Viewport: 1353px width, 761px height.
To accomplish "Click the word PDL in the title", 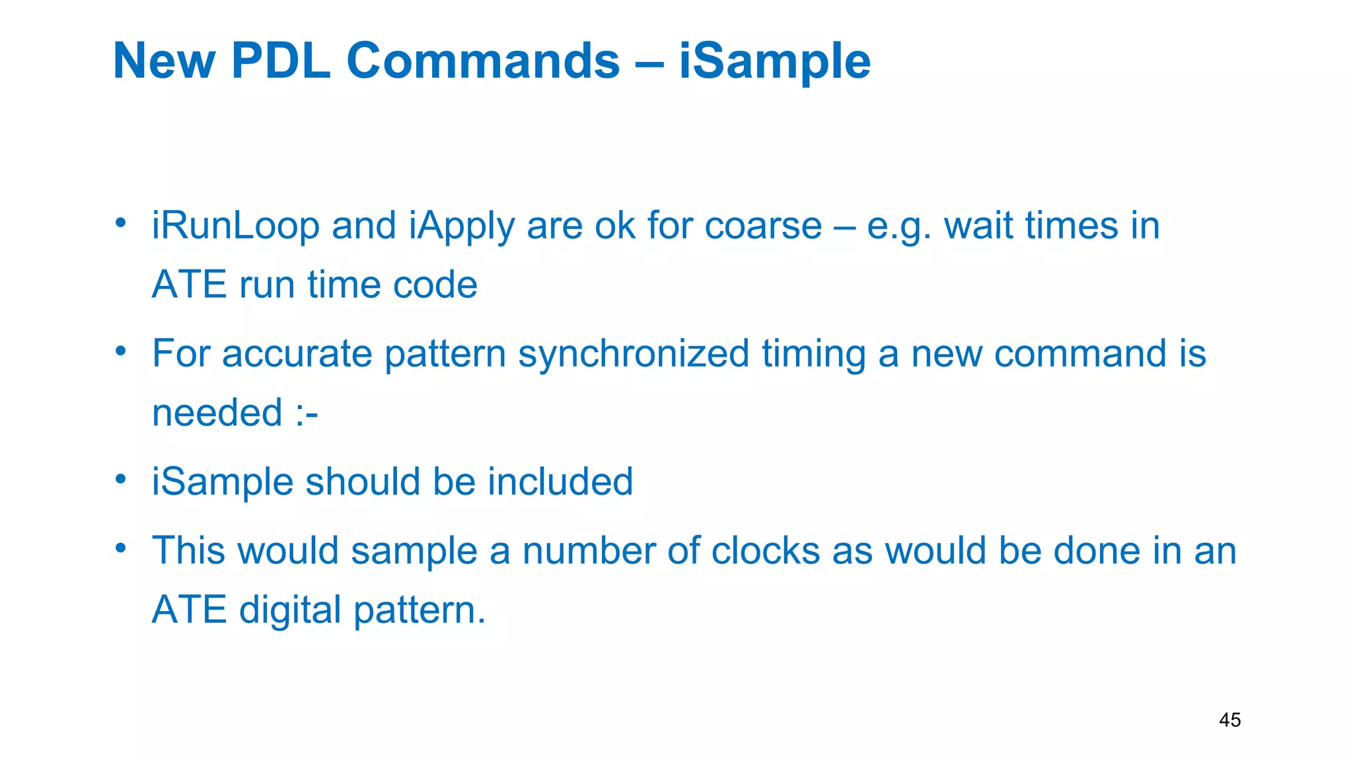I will tap(281, 61).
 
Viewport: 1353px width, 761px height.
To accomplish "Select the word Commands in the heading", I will tap(483, 61).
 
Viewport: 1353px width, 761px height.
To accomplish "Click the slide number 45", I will tap(1229, 720).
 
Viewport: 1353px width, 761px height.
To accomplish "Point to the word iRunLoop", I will tap(236, 226).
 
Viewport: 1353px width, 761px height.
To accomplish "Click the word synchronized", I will tap(634, 354).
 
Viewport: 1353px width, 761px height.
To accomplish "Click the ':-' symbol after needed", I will tap(307, 414).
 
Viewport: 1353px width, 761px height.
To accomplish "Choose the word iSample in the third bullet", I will tap(223, 482).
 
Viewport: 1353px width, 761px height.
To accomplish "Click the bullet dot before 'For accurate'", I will tap(120, 351).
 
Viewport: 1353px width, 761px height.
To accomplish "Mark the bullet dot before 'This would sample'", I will tap(120, 548).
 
